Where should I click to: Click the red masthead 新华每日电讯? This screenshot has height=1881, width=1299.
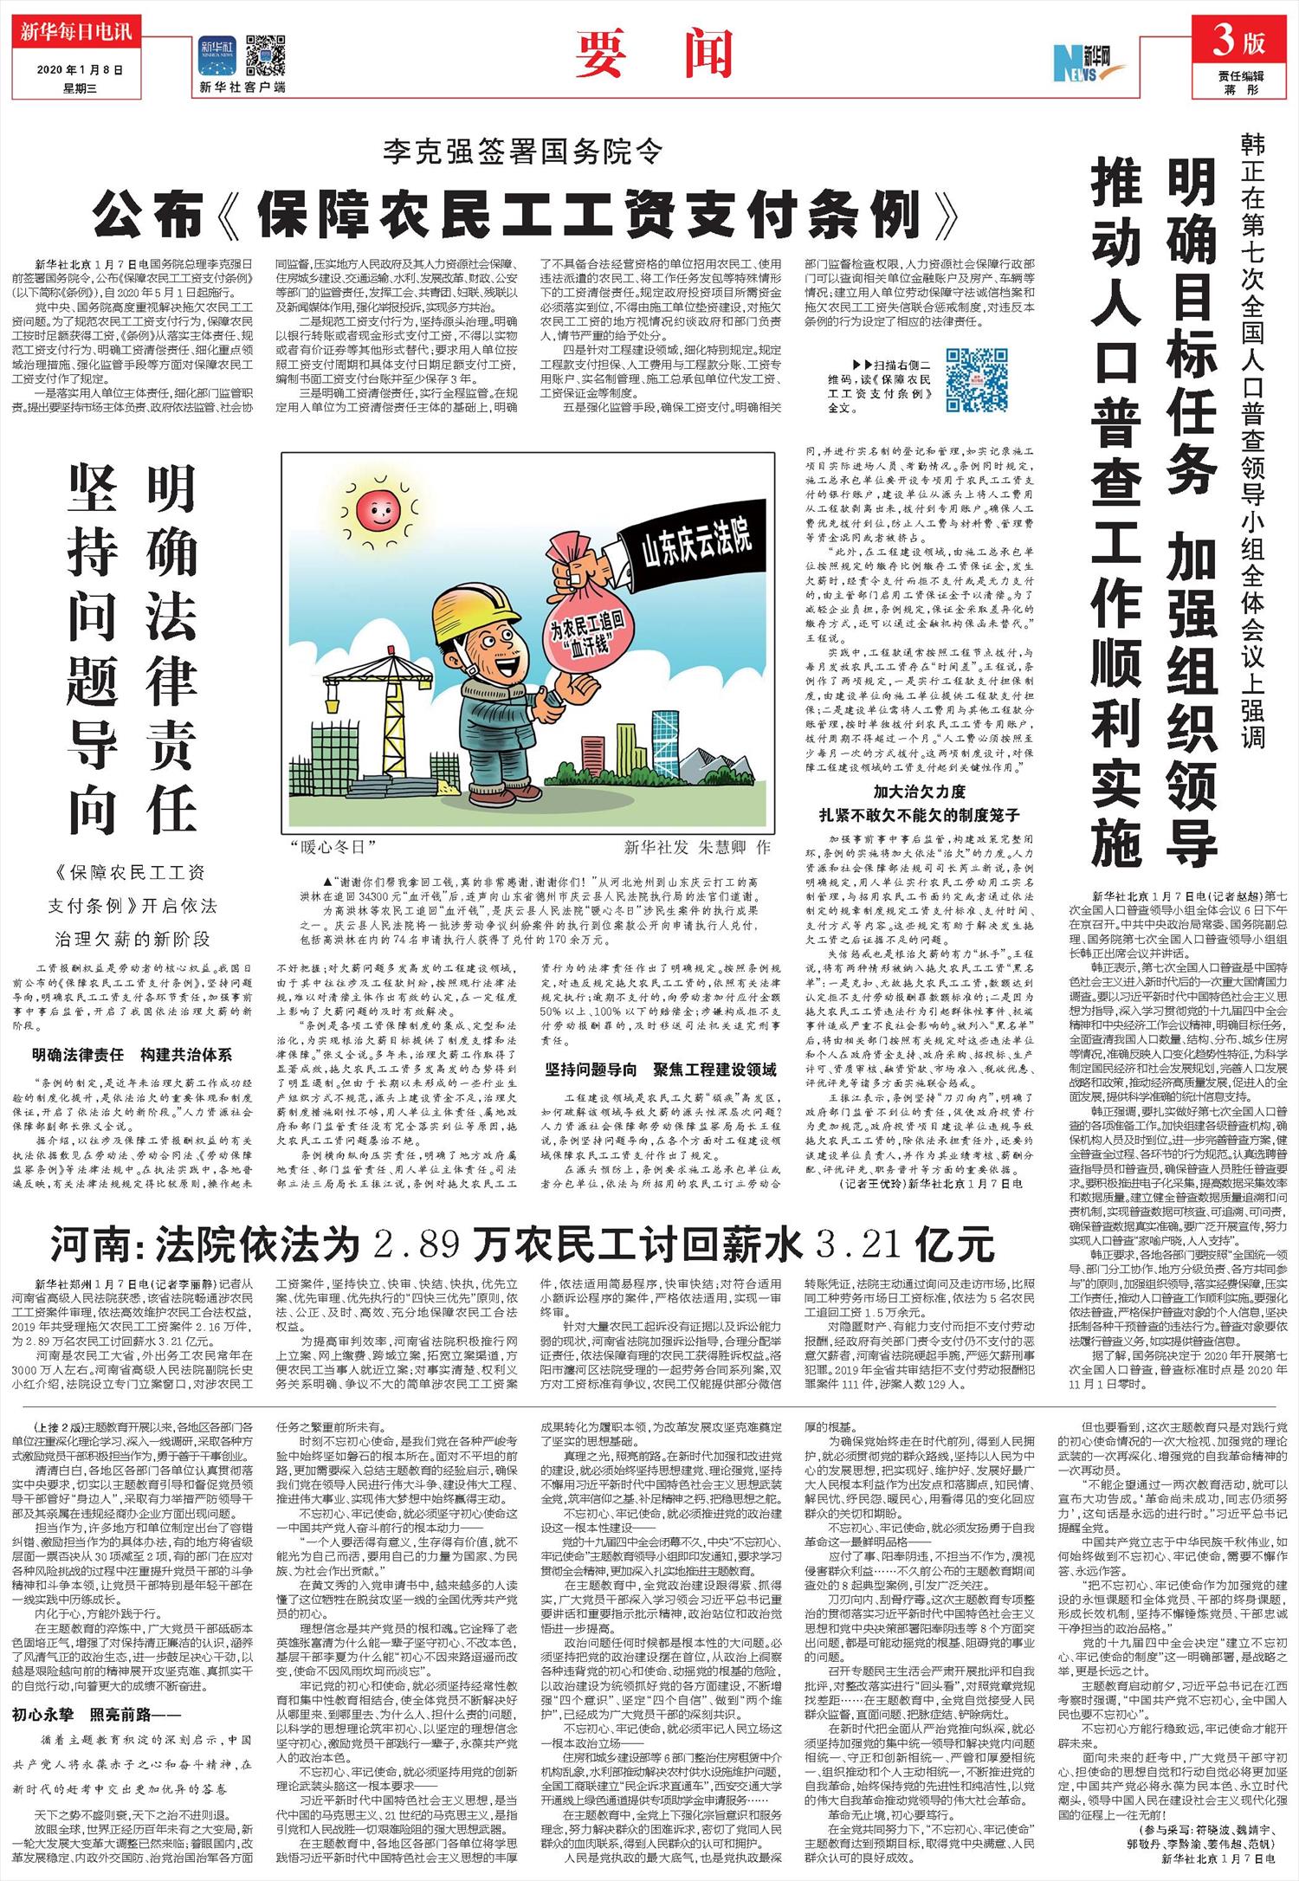[x=75, y=34]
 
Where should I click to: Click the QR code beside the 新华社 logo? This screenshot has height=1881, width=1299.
[x=265, y=55]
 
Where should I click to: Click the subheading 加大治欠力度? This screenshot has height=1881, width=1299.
[x=919, y=792]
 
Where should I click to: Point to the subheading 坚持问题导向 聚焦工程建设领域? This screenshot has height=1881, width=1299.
[x=660, y=1069]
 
